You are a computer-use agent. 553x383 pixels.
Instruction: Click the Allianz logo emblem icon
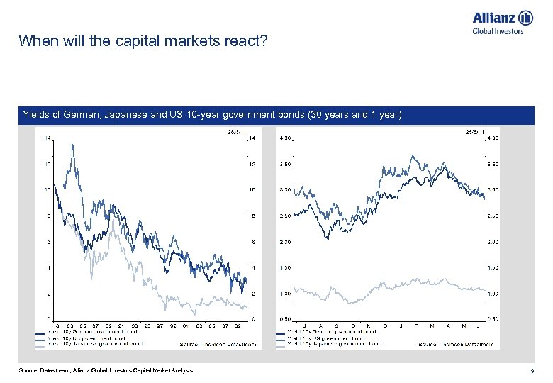(525, 18)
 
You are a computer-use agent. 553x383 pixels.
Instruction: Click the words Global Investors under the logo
(498, 30)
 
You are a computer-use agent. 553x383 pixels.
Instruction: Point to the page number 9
(530, 371)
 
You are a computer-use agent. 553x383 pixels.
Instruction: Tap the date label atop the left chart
(236, 131)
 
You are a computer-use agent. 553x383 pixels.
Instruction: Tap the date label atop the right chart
(473, 131)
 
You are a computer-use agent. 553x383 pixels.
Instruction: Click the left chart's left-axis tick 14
(46, 138)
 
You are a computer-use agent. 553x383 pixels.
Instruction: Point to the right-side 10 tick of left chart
(251, 190)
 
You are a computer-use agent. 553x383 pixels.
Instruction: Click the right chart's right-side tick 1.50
(491, 267)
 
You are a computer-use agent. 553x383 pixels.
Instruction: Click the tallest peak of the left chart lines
(71, 145)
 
